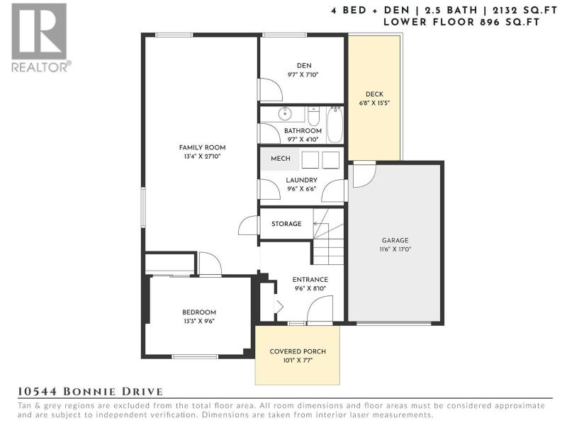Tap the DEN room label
point(304,65)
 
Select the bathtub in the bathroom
point(335,125)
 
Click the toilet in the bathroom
point(313,115)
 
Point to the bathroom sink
point(286,113)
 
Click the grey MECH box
point(280,159)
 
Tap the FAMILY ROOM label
point(202,147)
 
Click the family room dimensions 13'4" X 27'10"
point(202,157)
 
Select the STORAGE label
point(286,224)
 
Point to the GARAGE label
point(395,240)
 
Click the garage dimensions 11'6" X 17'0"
point(395,249)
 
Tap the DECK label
point(374,94)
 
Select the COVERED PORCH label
point(298,351)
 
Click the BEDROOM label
point(199,312)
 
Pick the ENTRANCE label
point(310,279)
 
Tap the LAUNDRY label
point(302,180)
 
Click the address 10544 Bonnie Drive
point(91,392)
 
